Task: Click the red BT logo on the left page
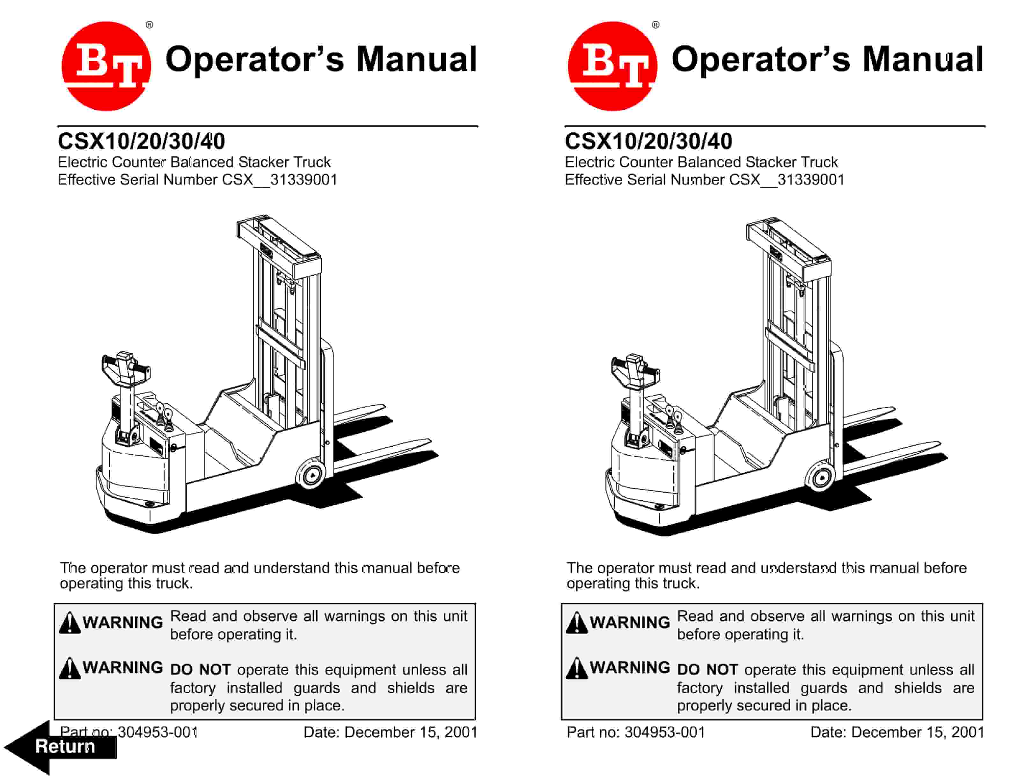106,66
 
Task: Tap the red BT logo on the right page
613,66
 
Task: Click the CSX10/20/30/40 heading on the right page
648,141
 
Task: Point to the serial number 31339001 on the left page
304,180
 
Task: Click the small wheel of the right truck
821,477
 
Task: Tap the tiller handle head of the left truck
125,368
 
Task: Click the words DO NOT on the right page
707,669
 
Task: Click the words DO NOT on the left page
200,669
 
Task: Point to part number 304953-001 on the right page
664,732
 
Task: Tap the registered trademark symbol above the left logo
150,25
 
